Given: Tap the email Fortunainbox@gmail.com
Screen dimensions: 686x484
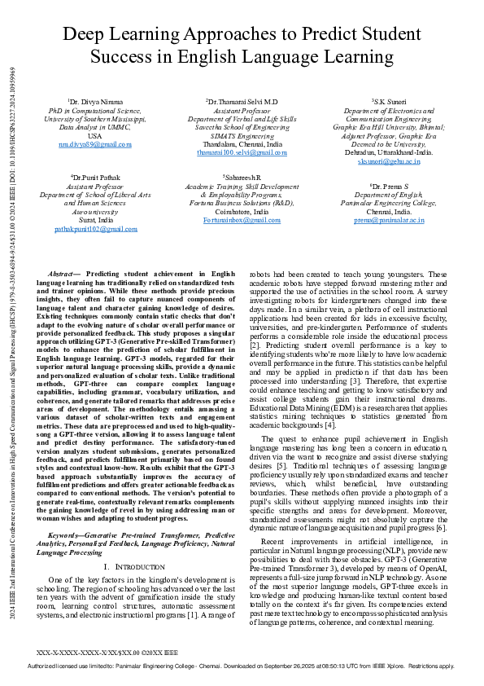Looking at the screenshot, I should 242,221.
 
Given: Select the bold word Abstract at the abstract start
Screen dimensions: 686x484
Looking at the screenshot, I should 65,274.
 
